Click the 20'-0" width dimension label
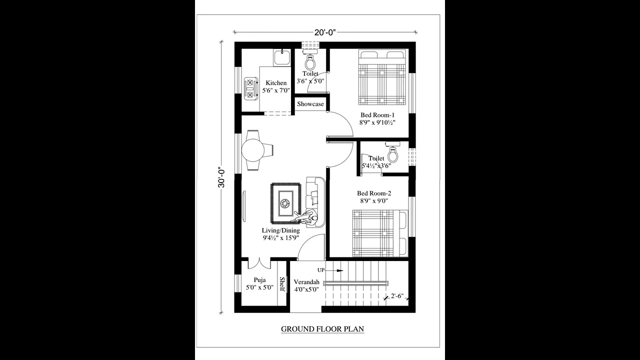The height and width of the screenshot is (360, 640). coord(324,32)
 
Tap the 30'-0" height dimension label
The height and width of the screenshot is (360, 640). coord(221,177)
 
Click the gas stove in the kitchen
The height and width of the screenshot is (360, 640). coord(249,88)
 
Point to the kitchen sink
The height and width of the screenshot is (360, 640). coord(281,56)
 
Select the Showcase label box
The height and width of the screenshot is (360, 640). coord(310,104)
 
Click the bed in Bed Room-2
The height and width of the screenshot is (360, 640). coord(380,233)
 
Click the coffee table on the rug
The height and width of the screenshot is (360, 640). coord(285,203)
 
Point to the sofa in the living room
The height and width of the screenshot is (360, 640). coord(315,195)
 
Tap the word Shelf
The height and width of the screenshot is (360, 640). coord(282,284)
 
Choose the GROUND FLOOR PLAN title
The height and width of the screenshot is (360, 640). coord(322,328)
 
